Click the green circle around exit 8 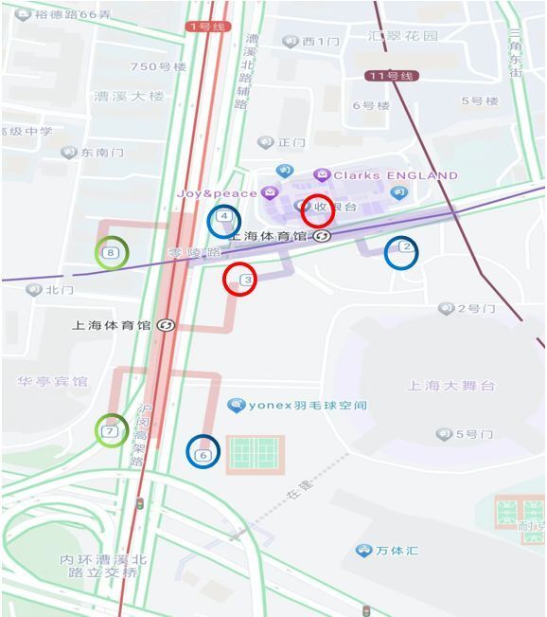pyautogui.click(x=112, y=252)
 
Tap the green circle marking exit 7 pyautogui.click(x=112, y=430)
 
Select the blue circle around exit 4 pyautogui.click(x=224, y=221)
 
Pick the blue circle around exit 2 pyautogui.click(x=401, y=251)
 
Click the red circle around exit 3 pyautogui.click(x=239, y=279)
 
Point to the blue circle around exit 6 pyautogui.click(x=203, y=451)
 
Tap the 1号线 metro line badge pyautogui.click(x=206, y=27)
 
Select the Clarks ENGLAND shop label pyautogui.click(x=395, y=175)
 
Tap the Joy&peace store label pyautogui.click(x=217, y=193)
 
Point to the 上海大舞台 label pyautogui.click(x=450, y=386)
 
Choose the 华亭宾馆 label pyautogui.click(x=52, y=381)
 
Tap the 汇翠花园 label pyautogui.click(x=403, y=36)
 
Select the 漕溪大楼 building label pyautogui.click(x=129, y=96)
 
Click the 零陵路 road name pyautogui.click(x=194, y=253)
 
